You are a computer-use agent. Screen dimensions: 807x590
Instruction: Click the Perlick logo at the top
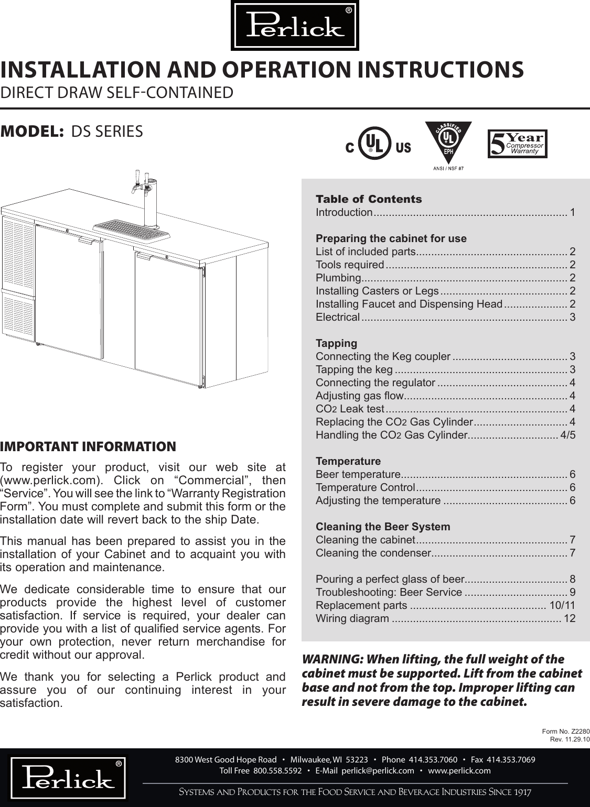coord(295,26)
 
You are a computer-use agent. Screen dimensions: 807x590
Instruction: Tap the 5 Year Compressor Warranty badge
coord(518,144)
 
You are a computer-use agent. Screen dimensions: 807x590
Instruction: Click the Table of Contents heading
coord(368,199)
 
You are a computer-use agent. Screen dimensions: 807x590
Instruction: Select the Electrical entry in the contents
coord(338,317)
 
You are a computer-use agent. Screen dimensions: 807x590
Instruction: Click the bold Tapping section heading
coord(336,343)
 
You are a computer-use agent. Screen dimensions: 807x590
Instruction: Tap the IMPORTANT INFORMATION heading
coord(88,447)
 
